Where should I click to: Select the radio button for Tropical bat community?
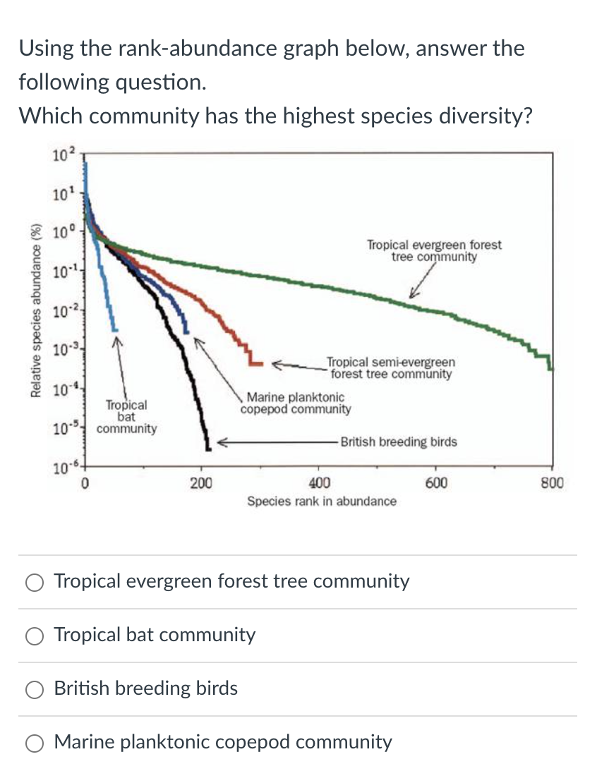(34, 636)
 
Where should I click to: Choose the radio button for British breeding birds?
(34, 689)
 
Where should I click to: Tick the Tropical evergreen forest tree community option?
(34, 582)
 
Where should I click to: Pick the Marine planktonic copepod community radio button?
(34, 743)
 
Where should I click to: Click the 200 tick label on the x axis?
(201, 483)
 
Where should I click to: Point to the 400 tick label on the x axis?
(319, 483)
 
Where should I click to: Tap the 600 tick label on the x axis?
(436, 483)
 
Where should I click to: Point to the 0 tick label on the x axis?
(84, 483)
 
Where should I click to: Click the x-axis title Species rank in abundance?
(321, 502)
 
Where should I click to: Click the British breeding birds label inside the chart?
(399, 442)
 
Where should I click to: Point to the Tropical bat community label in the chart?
(127, 416)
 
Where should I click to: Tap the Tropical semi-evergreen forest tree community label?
(391, 368)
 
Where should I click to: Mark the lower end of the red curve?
(255, 363)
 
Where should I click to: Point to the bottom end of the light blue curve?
(114, 329)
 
